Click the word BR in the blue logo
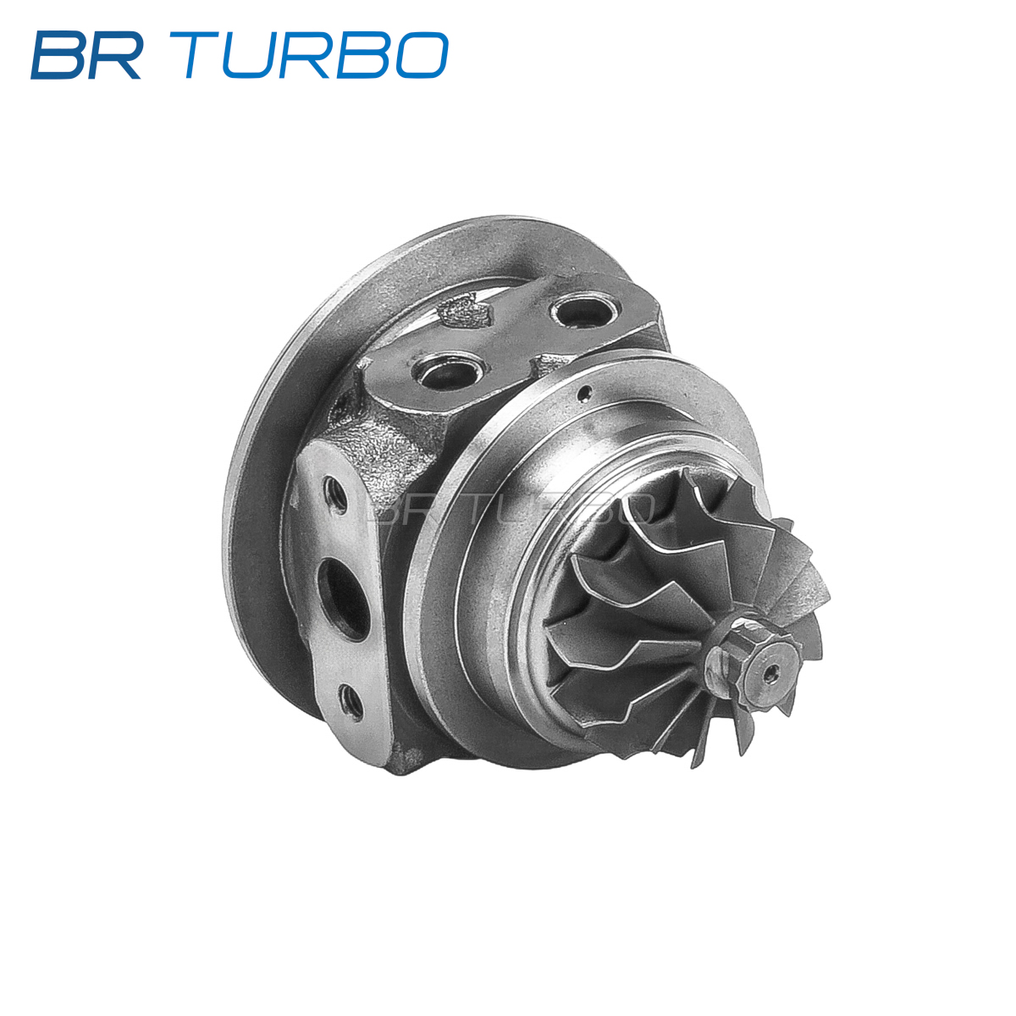click(x=86, y=55)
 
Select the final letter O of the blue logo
click(x=421, y=55)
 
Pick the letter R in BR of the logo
click(x=116, y=55)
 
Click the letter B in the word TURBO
click(x=364, y=55)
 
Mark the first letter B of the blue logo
click(x=59, y=55)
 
